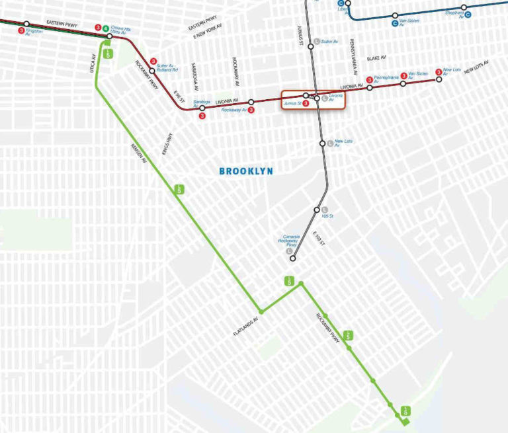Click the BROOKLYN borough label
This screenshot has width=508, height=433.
click(x=246, y=171)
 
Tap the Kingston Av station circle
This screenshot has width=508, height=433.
click(x=27, y=24)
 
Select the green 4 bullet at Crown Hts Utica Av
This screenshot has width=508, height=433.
click(x=106, y=28)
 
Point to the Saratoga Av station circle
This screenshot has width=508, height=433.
click(x=202, y=108)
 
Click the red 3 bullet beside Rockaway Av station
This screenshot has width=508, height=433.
click(x=251, y=110)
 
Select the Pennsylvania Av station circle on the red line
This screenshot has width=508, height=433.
click(x=370, y=87)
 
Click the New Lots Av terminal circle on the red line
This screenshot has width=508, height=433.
click(x=438, y=80)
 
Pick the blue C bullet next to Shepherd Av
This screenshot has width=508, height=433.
click(x=468, y=14)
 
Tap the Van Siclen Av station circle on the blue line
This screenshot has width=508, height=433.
click(x=395, y=15)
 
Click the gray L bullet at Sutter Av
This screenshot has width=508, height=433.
click(x=317, y=42)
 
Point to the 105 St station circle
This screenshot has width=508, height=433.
click(x=317, y=210)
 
